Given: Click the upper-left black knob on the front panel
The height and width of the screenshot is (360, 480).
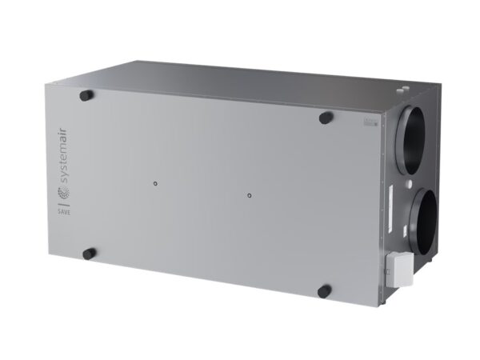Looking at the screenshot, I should click(x=86, y=96).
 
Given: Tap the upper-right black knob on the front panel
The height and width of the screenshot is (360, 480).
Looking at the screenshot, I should click(x=326, y=118).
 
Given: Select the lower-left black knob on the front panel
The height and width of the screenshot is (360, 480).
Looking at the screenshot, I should click(x=89, y=254).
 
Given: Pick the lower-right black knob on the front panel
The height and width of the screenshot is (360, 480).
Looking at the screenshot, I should click(x=325, y=290).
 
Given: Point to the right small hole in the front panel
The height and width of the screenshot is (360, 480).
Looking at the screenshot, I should click(x=250, y=194).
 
